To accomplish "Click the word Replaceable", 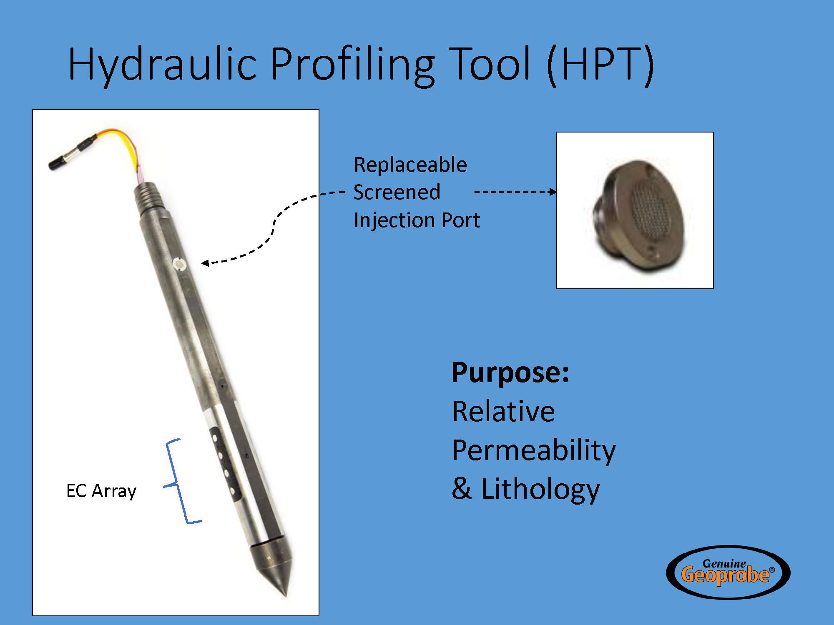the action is coord(410,165).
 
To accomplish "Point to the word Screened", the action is coord(397,192).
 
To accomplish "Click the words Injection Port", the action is coord(417,220).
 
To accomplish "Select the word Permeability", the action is coord(534,451).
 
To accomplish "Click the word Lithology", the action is coord(540,490).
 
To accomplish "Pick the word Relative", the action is coord(504,412).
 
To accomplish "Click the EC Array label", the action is coord(101,491).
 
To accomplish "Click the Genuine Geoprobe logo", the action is coord(728,572).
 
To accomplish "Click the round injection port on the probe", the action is coord(179,264).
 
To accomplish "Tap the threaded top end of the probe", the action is coord(148,197).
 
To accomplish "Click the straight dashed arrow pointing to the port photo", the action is coord(515,192).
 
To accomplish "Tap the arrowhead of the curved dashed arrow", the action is coord(205,263).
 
